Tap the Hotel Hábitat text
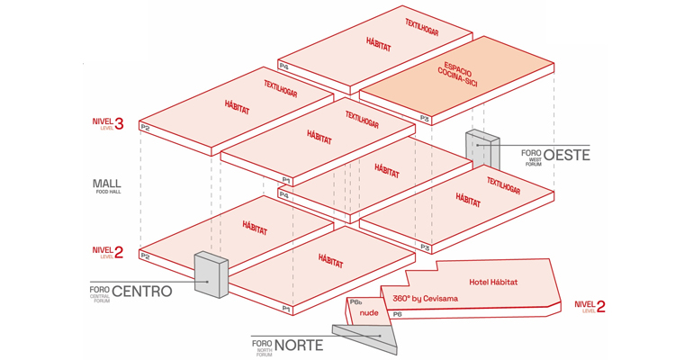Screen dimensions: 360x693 pyautogui.click(x=493, y=282)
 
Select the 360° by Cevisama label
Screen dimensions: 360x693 pyautogui.click(x=425, y=298)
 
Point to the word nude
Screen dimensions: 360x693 pyautogui.click(x=369, y=314)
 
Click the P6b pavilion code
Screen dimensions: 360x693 pyautogui.click(x=355, y=301)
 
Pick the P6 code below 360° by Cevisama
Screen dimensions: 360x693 pyautogui.click(x=397, y=314)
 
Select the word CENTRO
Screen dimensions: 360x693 pyautogui.click(x=141, y=292)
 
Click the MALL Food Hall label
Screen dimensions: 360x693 pyautogui.click(x=106, y=185)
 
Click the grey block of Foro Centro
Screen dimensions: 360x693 pyautogui.click(x=211, y=274)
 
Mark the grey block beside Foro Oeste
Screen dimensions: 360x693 pyautogui.click(x=481, y=150)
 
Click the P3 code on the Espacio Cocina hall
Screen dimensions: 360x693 pyautogui.click(x=425, y=118)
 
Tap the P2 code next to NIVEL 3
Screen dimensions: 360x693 pyautogui.click(x=144, y=127)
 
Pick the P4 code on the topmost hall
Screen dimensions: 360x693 pyautogui.click(x=283, y=66)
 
